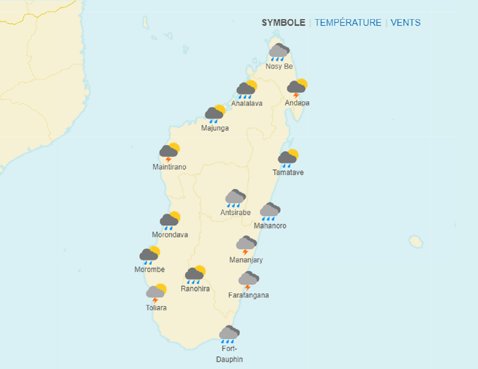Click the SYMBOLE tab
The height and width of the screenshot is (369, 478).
(283, 22)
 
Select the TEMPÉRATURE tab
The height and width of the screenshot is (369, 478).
(348, 22)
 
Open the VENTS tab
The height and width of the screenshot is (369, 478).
(405, 22)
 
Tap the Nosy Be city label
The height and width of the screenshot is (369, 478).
(279, 66)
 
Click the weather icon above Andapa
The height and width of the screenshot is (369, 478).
(297, 87)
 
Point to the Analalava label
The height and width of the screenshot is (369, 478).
(247, 104)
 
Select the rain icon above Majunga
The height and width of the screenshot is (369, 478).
(215, 114)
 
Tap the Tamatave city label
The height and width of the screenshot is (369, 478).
(288, 173)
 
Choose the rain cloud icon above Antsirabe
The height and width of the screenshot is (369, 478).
(235, 198)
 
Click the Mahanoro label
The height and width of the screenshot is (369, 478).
(270, 226)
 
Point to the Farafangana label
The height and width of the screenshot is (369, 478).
(248, 295)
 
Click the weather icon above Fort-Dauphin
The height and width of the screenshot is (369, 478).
(229, 334)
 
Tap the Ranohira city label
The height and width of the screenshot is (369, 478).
(195, 289)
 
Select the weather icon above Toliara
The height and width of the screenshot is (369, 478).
(156, 292)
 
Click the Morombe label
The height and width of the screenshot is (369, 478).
(149, 270)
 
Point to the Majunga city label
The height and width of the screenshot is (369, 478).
(215, 128)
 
